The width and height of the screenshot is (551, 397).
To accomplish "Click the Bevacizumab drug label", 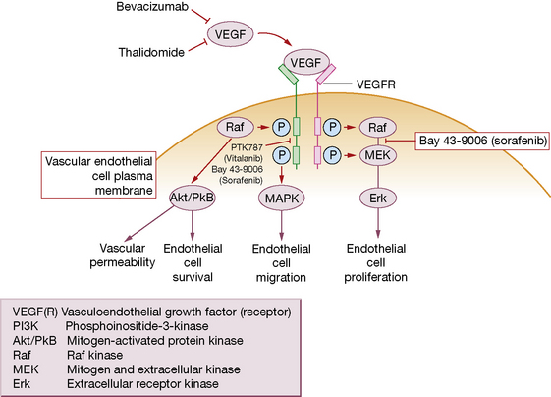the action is (x=152, y=7).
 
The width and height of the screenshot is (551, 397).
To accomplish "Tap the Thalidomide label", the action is (x=151, y=52).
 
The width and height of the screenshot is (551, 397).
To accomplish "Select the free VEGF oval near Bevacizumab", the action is (x=230, y=34).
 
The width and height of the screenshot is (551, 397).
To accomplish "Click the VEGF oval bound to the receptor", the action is (x=306, y=62).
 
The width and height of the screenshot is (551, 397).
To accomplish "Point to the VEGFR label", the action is (x=375, y=85).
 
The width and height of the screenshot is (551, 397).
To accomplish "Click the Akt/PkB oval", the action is (x=192, y=198).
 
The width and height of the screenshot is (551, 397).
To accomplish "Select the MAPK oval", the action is (x=282, y=198).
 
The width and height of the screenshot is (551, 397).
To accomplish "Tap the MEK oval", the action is (x=378, y=155).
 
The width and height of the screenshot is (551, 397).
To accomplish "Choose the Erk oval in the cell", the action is (x=378, y=198).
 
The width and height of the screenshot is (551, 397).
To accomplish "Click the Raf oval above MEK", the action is (x=378, y=128).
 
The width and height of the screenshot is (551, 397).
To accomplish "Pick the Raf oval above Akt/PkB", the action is (x=235, y=127).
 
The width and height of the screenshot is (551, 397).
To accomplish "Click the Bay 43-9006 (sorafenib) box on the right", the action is (x=482, y=141).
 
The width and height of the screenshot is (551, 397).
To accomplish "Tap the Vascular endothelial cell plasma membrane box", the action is (x=99, y=175).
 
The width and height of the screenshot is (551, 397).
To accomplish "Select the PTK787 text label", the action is (x=247, y=147).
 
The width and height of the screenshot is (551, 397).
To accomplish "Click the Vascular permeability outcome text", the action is (x=123, y=255).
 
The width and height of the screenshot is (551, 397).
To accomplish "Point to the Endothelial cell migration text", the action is (x=281, y=263).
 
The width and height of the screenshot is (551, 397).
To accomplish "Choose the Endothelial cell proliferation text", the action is (x=375, y=262).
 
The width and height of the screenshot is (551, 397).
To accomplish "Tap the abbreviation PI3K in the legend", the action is (x=26, y=326).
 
